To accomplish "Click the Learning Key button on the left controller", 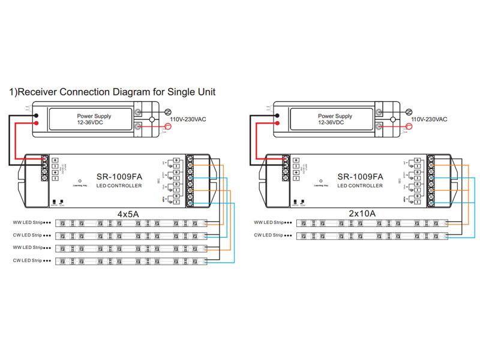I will click(80, 180).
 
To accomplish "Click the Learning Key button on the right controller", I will click(320, 180).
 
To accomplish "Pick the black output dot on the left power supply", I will click(37, 116).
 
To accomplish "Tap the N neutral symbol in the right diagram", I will click(408, 112).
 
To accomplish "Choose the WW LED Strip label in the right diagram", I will click(269, 223).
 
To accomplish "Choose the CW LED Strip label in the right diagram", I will click(269, 235).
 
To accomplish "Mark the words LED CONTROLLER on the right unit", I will click(360, 186).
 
